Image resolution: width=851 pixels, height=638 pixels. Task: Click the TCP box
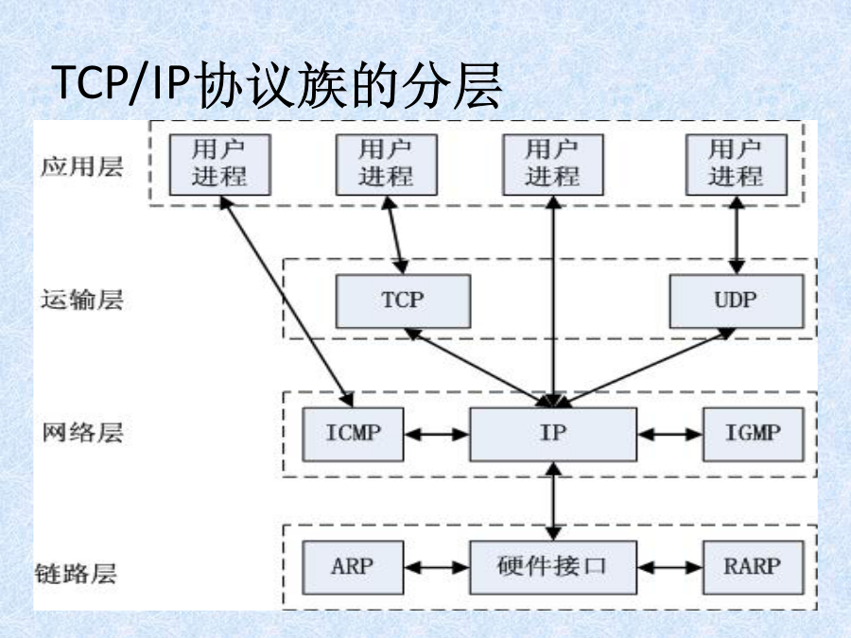click(403, 302)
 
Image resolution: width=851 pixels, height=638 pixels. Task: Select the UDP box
click(736, 302)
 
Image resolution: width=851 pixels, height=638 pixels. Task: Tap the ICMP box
click(353, 434)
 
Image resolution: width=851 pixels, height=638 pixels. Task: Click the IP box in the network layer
click(553, 434)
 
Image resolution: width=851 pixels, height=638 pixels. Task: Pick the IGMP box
click(753, 434)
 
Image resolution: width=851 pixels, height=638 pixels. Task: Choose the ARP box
click(353, 567)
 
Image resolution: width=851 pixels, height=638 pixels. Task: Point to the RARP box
click(753, 567)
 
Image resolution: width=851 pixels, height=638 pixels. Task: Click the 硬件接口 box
click(553, 567)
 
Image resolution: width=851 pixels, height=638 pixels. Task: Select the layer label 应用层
click(82, 166)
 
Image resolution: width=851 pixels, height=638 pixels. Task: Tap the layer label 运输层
click(82, 300)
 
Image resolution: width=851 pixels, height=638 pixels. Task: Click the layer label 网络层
click(82, 433)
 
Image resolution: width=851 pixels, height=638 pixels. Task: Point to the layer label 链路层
click(76, 574)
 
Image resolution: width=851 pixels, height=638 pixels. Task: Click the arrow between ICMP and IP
click(437, 434)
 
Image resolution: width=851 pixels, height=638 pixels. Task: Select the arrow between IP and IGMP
click(670, 434)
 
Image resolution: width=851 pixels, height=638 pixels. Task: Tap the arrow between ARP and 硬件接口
click(437, 567)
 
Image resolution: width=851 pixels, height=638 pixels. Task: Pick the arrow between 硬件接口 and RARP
click(670, 567)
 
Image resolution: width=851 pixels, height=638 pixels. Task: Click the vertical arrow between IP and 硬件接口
click(553, 501)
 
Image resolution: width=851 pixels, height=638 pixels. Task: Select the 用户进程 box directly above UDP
click(737, 164)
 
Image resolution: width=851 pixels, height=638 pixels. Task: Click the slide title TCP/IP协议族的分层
click(277, 86)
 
